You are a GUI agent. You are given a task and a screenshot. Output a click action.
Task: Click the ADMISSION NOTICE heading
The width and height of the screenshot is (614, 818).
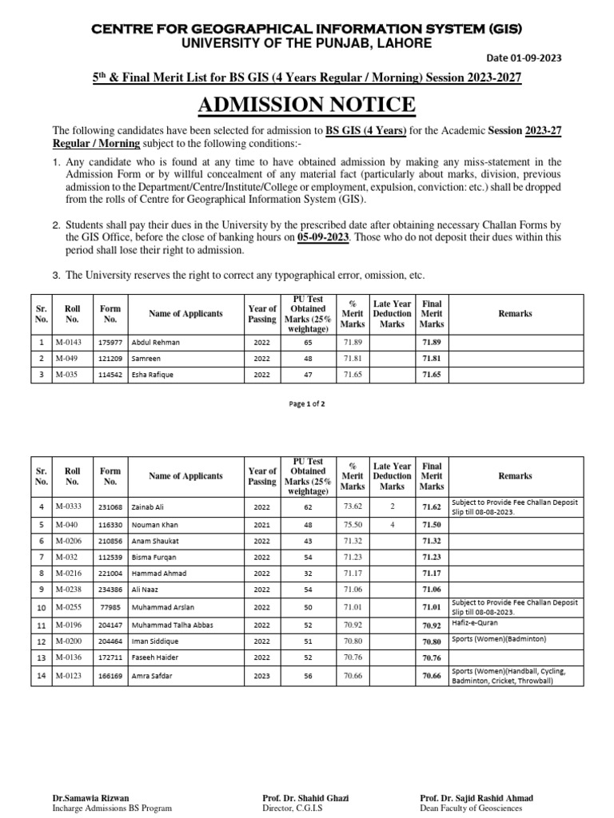306,105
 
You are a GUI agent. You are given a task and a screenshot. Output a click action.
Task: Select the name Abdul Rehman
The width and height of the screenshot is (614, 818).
156,342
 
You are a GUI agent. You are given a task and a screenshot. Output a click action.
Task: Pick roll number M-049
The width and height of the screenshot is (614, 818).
67,359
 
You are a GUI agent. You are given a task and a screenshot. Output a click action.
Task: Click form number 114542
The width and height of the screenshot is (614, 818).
110,375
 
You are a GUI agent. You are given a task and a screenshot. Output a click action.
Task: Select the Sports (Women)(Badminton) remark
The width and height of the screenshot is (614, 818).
498,641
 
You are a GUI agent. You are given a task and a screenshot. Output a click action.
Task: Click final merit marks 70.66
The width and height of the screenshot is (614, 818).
432,676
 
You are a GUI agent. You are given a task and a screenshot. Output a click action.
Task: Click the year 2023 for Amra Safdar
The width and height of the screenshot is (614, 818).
261,676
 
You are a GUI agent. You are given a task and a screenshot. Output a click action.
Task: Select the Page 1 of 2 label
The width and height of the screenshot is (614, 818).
306,403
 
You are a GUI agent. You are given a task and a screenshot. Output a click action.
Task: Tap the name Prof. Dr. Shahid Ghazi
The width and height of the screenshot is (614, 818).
305,798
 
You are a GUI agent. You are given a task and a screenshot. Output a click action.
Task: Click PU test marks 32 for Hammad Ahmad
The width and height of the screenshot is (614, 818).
308,574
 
